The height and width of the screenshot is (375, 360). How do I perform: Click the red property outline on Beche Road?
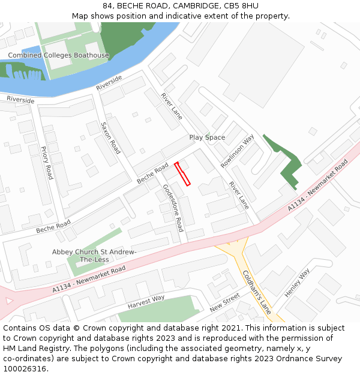[x=182, y=174]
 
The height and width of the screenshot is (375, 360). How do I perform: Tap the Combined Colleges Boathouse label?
[x=58, y=55]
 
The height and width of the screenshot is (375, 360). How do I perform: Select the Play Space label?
[x=207, y=137]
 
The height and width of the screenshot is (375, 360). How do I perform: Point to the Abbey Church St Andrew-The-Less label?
[x=94, y=256]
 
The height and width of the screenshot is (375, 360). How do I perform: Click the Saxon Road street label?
[x=110, y=139]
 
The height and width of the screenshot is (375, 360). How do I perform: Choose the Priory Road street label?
[x=47, y=162]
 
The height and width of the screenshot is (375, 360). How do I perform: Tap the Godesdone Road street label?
[x=173, y=208]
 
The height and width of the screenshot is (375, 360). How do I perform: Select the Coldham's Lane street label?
[x=257, y=292]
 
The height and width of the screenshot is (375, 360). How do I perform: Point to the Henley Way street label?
[x=297, y=283]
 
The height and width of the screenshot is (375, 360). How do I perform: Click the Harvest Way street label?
[x=146, y=302]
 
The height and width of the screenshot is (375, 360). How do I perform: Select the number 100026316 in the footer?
[x=25, y=368]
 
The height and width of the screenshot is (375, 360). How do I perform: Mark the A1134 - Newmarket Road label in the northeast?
[x=317, y=185]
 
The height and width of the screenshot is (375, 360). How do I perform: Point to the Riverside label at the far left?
[x=20, y=100]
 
